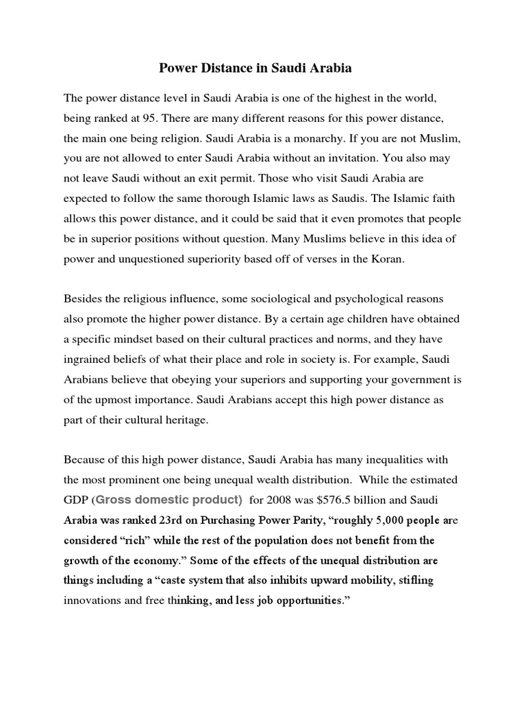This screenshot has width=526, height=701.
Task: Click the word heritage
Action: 181,420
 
